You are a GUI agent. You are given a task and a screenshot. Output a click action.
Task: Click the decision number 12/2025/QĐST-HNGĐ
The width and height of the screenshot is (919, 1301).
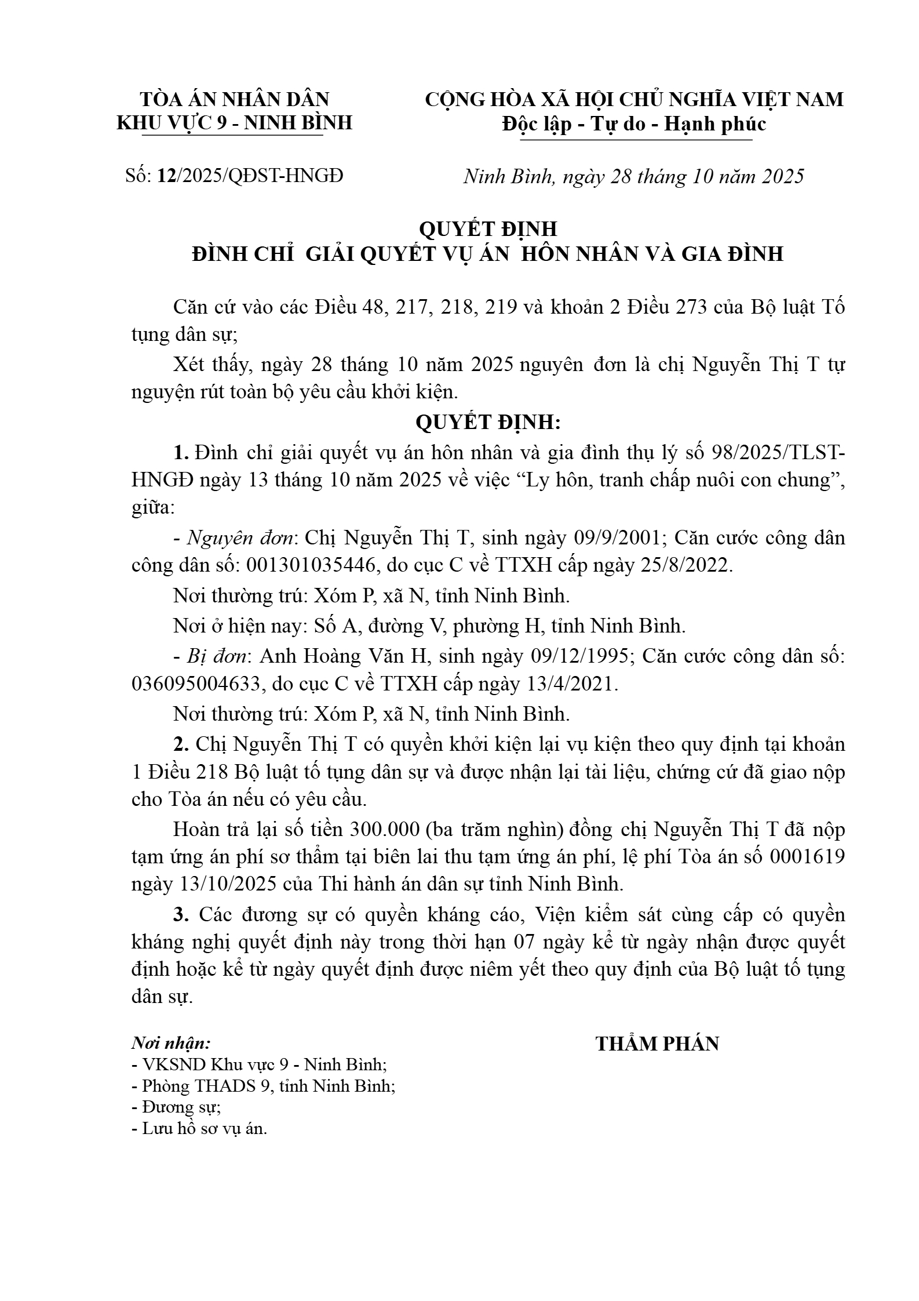(250, 176)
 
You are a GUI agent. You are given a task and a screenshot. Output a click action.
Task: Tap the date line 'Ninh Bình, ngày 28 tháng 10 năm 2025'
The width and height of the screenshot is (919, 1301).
(633, 176)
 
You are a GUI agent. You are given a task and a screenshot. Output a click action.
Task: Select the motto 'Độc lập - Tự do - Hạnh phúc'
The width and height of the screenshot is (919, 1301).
(634, 124)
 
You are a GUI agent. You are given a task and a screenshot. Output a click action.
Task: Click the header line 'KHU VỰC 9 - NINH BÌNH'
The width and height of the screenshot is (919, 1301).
(235, 123)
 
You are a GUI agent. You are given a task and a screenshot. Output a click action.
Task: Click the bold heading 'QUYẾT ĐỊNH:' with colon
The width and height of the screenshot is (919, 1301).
(488, 423)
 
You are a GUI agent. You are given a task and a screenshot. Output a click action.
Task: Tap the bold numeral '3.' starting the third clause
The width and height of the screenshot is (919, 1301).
(181, 915)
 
